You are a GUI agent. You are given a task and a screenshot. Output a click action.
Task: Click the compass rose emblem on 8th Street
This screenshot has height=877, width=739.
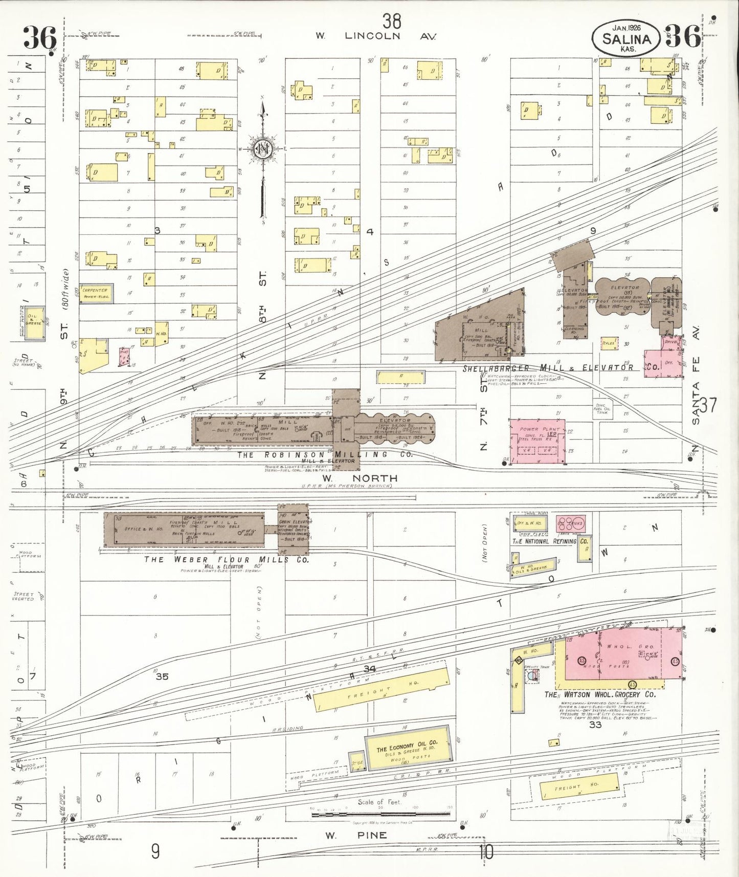pyautogui.click(x=263, y=149)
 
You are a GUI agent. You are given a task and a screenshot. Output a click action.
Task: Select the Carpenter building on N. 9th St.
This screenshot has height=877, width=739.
pyautogui.click(x=96, y=293)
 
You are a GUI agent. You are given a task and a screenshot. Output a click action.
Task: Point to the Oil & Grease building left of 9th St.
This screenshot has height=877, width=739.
pyautogui.click(x=35, y=323)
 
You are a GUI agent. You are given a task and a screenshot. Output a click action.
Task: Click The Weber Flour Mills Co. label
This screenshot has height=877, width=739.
pyautogui.click(x=227, y=560)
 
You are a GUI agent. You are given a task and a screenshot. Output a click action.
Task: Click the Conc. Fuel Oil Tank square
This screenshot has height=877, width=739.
pyautogui.click(x=601, y=408)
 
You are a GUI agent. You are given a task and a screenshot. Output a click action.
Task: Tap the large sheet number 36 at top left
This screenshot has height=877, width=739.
pyautogui.click(x=39, y=37)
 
